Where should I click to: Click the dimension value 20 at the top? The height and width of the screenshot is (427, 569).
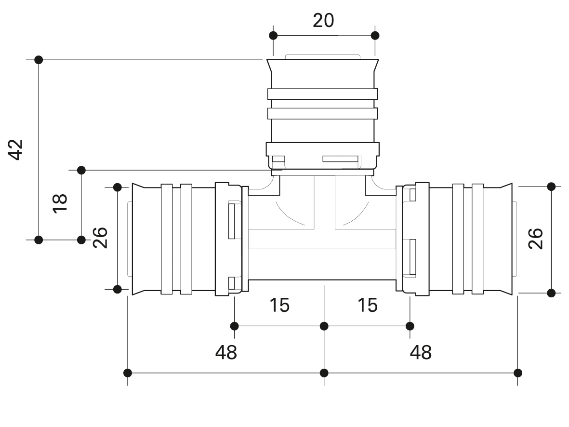click(x=323, y=21)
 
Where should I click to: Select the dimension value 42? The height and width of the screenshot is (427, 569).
click(x=16, y=149)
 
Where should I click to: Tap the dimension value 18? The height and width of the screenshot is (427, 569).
click(x=60, y=203)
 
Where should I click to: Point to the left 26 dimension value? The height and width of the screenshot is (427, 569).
click(x=100, y=238)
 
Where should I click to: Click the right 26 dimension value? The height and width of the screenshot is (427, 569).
click(x=536, y=239)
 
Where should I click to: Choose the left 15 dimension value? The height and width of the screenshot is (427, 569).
click(x=279, y=306)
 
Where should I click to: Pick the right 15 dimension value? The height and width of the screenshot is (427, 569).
click(x=368, y=306)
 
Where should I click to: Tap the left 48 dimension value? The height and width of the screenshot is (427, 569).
click(x=226, y=352)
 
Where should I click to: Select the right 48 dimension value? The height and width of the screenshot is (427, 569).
click(x=421, y=352)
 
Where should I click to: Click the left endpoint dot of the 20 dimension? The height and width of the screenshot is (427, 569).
click(x=273, y=36)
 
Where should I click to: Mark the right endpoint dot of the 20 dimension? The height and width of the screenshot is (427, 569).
click(x=375, y=36)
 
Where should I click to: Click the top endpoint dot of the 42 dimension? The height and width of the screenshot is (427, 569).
click(x=39, y=60)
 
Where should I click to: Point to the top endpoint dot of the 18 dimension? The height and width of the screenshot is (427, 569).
click(x=81, y=170)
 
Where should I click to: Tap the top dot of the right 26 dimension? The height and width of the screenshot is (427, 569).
click(x=551, y=187)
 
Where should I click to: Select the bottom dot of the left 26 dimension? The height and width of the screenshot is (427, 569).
click(x=117, y=289)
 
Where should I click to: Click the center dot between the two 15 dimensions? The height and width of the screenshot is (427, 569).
click(x=324, y=326)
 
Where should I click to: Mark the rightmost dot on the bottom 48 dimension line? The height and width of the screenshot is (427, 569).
click(x=518, y=373)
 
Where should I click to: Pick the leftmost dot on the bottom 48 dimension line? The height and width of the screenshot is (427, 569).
click(x=127, y=373)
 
